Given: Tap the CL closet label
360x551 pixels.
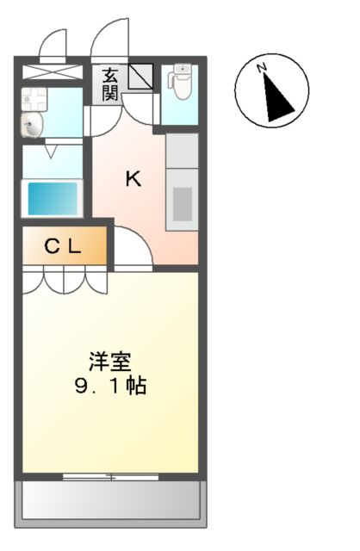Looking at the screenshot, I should (x=63, y=248).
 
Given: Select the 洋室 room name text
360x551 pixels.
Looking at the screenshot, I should (x=109, y=361).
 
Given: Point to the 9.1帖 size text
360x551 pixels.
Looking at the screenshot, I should (x=109, y=385).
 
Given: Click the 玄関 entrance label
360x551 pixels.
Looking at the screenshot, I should (x=109, y=84).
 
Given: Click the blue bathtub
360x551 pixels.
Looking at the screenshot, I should (x=52, y=199).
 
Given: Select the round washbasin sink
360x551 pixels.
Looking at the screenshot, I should (x=31, y=126).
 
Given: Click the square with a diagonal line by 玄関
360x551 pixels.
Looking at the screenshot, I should (x=140, y=77).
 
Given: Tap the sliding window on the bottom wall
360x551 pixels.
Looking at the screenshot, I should (x=110, y=476).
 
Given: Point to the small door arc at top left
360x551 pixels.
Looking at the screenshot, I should (x=54, y=43).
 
